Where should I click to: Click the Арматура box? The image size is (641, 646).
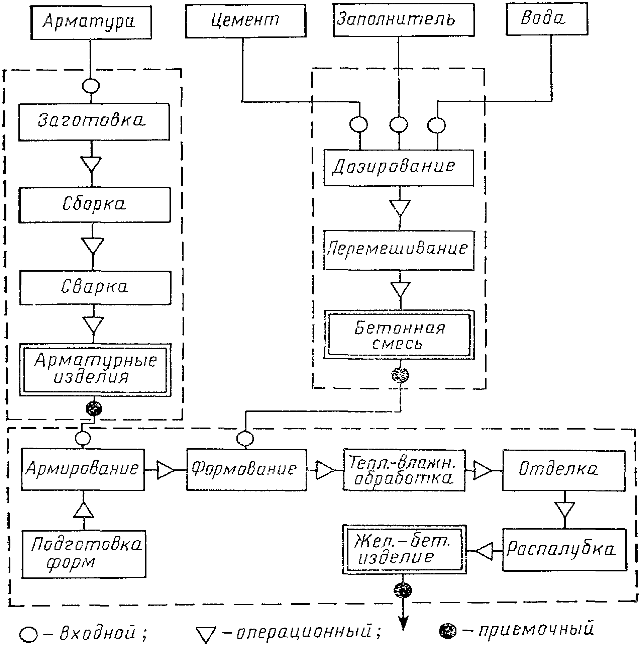tap(91, 22)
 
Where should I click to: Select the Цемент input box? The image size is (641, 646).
tap(245, 20)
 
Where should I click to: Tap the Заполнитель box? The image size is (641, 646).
tap(403, 19)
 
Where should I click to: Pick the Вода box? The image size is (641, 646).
tap(547, 18)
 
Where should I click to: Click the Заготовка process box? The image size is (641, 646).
tap(94, 121)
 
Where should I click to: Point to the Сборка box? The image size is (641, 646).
tap(95, 205)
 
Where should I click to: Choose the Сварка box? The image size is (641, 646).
tap(95, 287)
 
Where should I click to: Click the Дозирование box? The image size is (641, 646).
tap(399, 168)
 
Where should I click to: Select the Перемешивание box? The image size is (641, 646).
tap(399, 250)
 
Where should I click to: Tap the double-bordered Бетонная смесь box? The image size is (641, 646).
tap(399, 335)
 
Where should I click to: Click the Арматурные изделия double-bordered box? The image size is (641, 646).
tap(95, 370)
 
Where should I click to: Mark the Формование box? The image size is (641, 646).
tap(246, 470)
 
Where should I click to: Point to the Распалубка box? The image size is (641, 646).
tap(564, 549)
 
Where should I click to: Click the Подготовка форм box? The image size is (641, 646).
tap(84, 554)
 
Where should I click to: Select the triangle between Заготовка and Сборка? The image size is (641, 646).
tap(92, 164)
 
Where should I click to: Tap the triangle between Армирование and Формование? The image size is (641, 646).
tap(165, 470)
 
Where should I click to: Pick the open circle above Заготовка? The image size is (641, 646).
tap(91, 86)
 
